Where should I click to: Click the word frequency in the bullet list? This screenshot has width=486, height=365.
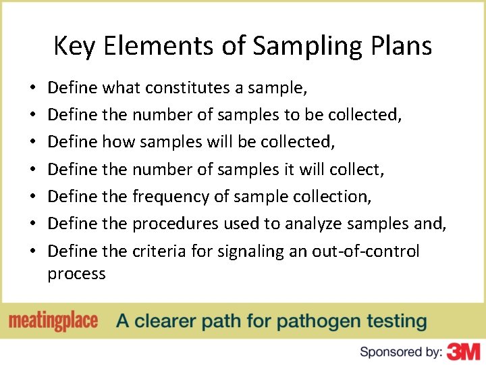[171, 197]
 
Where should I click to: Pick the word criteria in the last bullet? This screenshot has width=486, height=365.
[159, 251]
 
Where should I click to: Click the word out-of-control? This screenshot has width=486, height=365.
[365, 251]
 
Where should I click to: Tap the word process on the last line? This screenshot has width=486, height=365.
[76, 274]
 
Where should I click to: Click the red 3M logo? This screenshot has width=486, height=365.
[463, 351]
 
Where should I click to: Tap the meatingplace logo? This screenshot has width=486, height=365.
[53, 321]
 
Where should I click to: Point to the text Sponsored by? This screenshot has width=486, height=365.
[401, 351]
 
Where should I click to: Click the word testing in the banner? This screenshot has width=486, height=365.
[394, 321]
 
